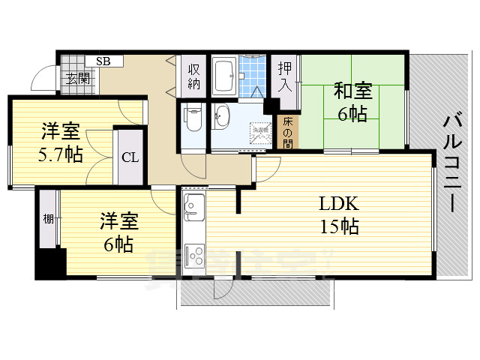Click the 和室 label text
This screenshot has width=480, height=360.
coord(352,91)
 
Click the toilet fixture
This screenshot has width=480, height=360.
coord(193,118)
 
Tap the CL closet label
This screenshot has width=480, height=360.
coord(130,157)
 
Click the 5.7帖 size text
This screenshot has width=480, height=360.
coord(60,155)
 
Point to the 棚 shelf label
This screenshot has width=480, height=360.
coord(48,219)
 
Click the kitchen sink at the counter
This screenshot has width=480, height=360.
coord(192,205)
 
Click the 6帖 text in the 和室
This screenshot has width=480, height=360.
coord(352,115)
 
